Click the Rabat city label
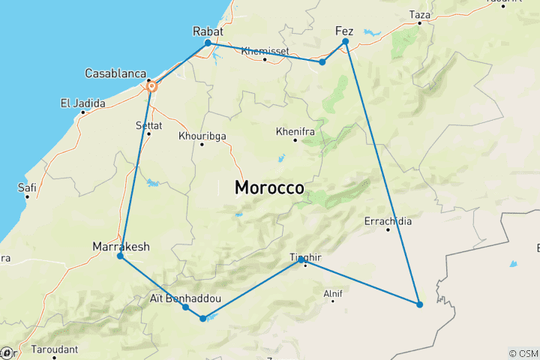pos(208,31)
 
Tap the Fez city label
pos(343,31)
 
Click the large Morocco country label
pos(269,187)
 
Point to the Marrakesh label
pos(121,246)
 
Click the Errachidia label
pos(388,221)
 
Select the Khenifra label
pos(293,131)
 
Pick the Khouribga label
pos(201,136)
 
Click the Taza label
pos(420,14)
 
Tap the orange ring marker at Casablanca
pos(152,87)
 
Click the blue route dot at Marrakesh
pos(120,256)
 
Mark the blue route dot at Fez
pos(346,42)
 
